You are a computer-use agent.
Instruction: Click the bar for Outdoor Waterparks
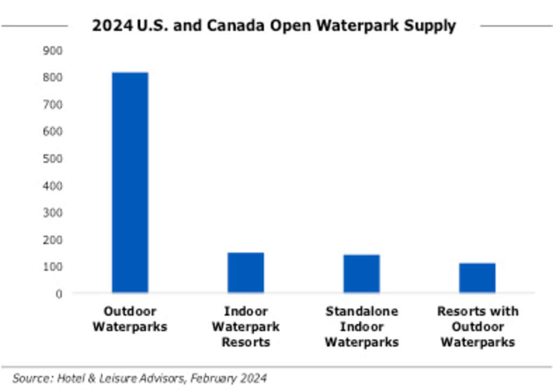130,182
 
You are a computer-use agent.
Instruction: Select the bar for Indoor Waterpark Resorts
246,272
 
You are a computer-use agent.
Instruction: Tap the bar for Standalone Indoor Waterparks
361,273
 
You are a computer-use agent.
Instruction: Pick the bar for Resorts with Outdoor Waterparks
477,278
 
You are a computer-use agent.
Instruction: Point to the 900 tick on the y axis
53,51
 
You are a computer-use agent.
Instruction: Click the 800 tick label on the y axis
53,78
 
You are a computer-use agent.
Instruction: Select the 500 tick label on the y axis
53,159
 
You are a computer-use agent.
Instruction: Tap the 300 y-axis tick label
53,213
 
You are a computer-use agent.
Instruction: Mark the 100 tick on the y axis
53,267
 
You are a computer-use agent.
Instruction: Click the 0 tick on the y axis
59,294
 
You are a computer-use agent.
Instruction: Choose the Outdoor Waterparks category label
130,319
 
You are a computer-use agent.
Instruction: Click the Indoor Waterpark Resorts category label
246,326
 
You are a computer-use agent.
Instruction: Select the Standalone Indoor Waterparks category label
362,326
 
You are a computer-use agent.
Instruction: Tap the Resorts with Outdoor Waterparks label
477,326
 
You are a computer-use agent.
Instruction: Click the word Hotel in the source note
72,378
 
